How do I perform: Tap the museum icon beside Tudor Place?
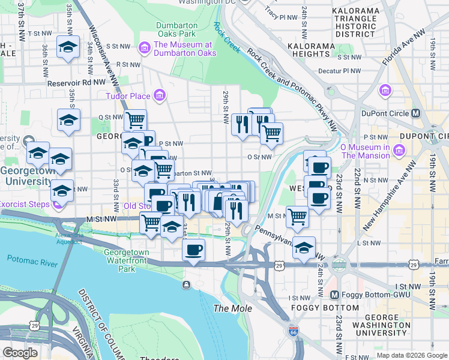159,95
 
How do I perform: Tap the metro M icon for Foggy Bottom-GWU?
336,295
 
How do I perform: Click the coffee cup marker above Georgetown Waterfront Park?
193,250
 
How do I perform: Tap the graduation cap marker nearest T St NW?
68,46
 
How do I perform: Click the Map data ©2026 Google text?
411,355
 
